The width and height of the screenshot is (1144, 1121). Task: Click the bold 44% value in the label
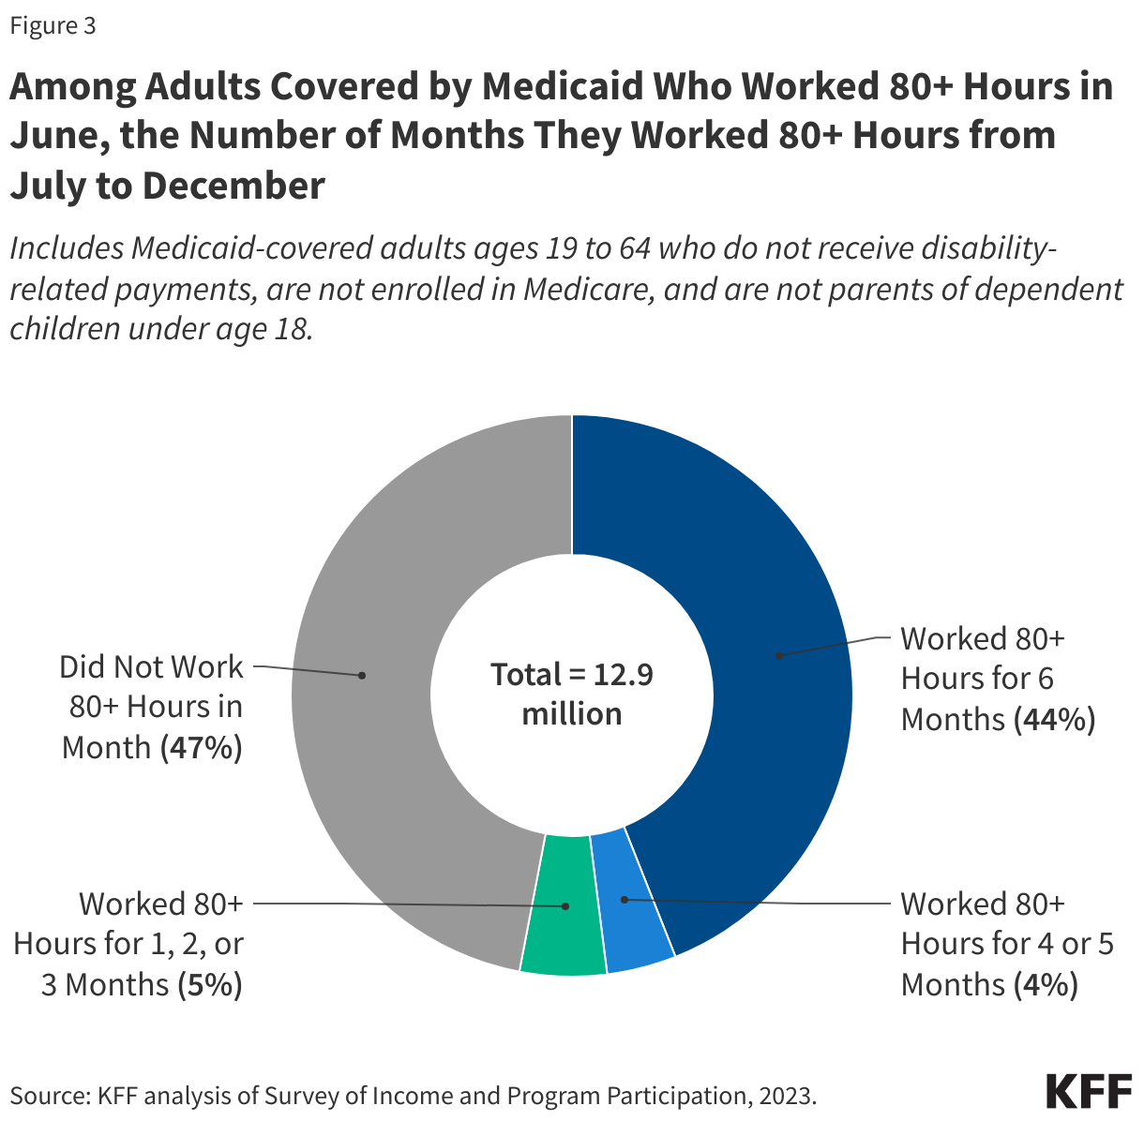tap(1054, 720)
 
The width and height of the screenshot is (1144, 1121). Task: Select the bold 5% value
tap(209, 985)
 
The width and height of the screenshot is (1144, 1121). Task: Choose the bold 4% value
tap(1045, 985)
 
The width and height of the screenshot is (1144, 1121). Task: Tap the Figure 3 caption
tap(53, 26)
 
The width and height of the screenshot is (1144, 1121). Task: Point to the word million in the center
tap(571, 714)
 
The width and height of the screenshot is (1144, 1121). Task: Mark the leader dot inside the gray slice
tap(362, 675)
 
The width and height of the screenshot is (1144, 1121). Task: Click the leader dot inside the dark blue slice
tap(778, 655)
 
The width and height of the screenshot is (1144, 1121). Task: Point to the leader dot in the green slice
tap(565, 906)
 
